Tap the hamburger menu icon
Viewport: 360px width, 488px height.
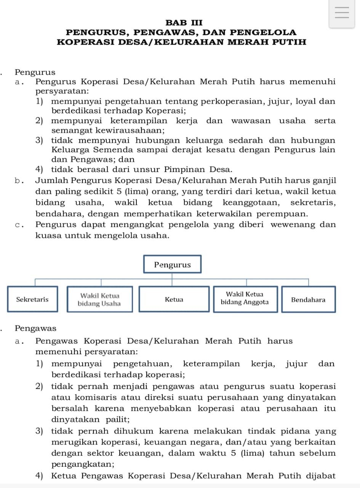tap(342, 13)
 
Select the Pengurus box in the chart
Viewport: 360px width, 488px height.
tap(172, 265)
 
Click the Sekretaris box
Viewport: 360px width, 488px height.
tap(32, 299)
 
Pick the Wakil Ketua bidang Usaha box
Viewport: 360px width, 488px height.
tap(99, 300)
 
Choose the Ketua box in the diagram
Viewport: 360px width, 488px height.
tap(174, 300)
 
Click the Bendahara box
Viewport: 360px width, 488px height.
tap(308, 300)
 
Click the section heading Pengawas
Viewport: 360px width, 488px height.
tap(35, 328)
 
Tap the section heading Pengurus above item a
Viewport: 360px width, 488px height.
tap(35, 72)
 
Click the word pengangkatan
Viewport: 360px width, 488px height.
tap(82, 465)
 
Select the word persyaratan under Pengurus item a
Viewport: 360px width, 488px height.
tap(61, 91)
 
